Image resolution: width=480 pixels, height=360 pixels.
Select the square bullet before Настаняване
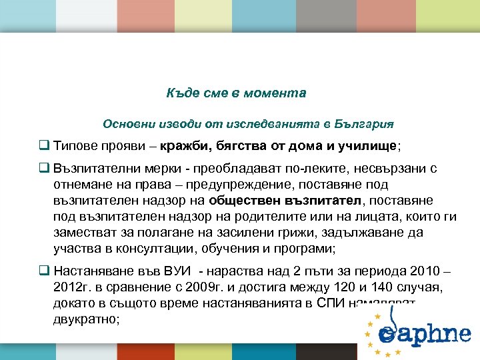44,272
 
